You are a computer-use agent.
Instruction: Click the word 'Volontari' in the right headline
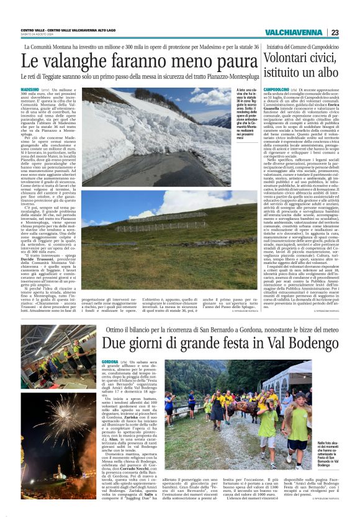tap(292, 58)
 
